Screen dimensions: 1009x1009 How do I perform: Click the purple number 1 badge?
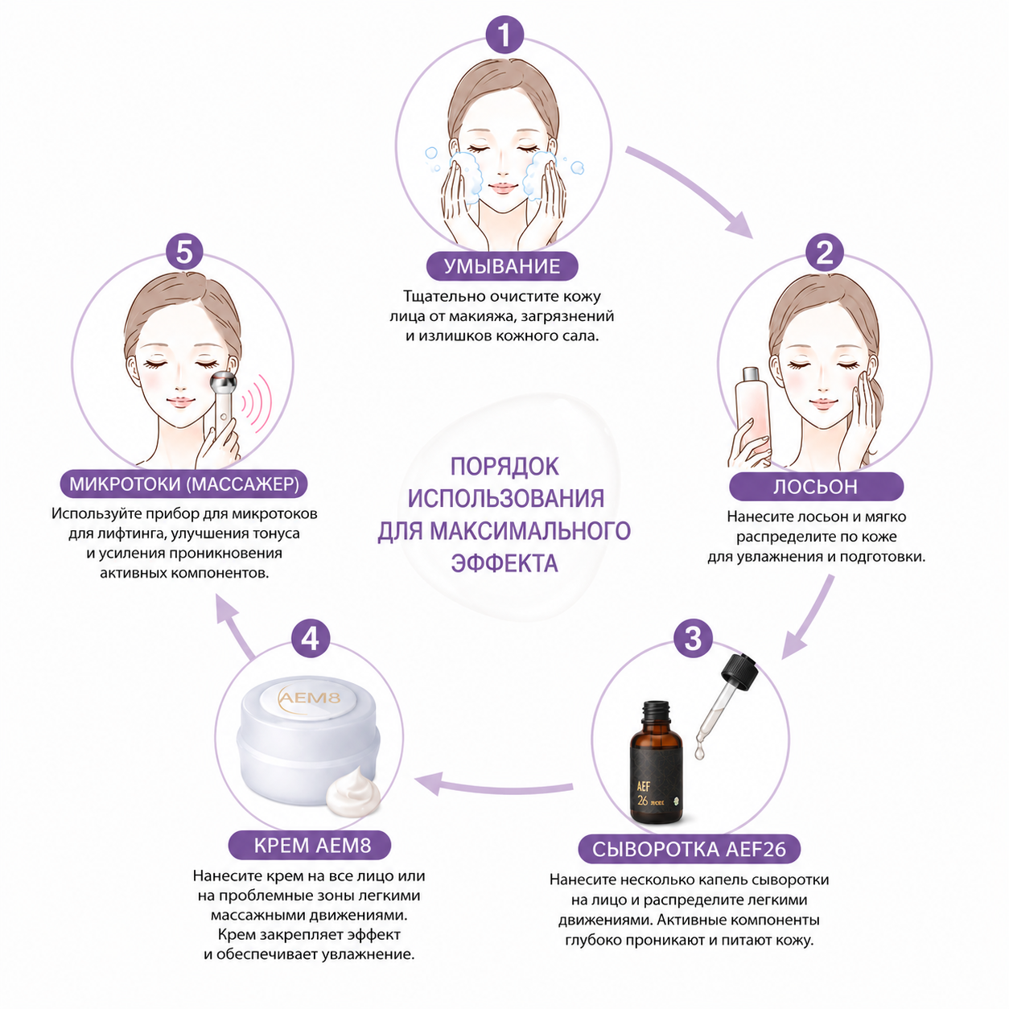point(504,35)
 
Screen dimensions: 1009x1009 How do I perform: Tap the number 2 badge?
point(825,253)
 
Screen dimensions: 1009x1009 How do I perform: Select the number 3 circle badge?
point(693,638)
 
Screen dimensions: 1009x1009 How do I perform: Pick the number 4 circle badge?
point(311,639)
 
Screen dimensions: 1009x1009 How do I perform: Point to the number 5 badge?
point(184,251)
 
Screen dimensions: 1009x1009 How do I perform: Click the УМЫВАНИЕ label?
point(502,266)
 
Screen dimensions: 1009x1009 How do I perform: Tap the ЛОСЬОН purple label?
point(816,487)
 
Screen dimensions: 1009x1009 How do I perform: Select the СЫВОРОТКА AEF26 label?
point(689,849)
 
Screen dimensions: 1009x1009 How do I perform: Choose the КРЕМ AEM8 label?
point(310,845)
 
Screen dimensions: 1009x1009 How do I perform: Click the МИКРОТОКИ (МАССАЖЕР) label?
point(183,484)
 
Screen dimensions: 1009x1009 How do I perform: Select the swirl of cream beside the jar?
point(353,793)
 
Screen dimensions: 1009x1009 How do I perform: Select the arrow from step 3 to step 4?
point(494,784)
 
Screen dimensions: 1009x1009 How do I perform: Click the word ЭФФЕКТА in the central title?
point(504,563)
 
